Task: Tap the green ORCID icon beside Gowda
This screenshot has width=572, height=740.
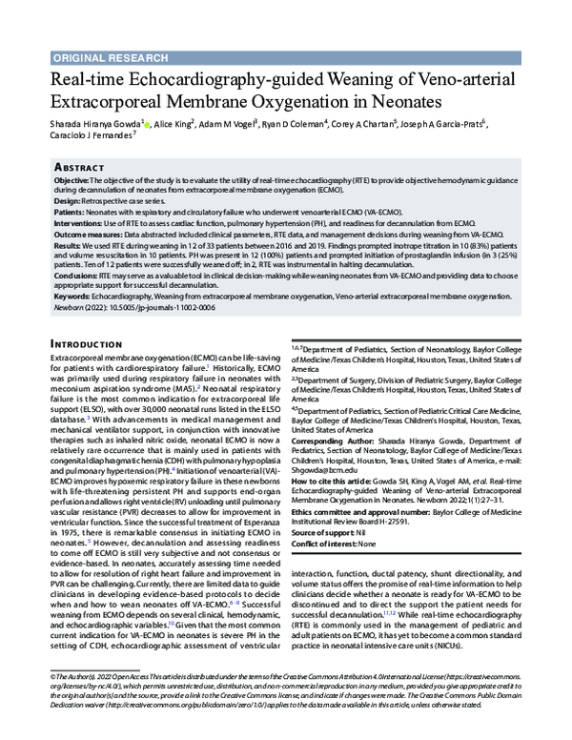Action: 147,124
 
